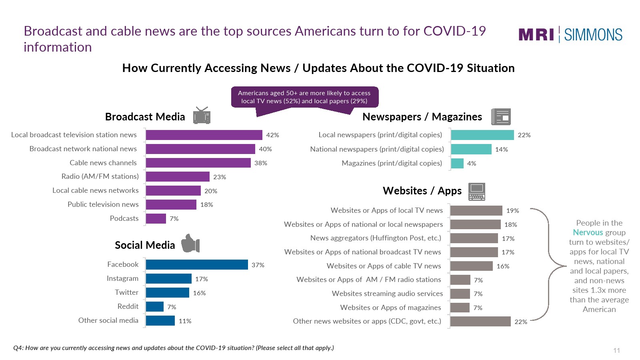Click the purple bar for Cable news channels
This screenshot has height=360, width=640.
click(198, 163)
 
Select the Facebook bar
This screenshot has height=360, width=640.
click(197, 265)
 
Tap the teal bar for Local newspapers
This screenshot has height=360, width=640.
click(482, 135)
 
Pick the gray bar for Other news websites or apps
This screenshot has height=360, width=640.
click(480, 322)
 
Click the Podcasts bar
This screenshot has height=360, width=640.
click(156, 218)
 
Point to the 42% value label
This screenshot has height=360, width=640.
click(272, 135)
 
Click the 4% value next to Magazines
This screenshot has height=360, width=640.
click(472, 164)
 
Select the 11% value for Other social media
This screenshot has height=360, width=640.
click(185, 321)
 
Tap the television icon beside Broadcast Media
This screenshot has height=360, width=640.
click(202, 116)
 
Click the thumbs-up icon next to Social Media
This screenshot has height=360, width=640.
click(190, 243)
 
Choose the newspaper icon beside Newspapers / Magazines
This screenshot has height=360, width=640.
click(501, 117)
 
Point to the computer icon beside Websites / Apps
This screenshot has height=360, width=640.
click(477, 192)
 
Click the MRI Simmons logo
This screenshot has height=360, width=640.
click(570, 35)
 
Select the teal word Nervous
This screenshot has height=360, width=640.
click(588, 232)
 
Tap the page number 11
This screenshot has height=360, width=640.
click(616, 350)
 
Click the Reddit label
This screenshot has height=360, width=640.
click(128, 306)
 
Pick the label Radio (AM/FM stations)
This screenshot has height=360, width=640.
click(100, 176)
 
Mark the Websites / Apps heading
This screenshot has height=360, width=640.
click(422, 191)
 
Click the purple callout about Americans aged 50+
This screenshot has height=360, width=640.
click(304, 97)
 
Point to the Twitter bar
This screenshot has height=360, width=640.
click(167, 293)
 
